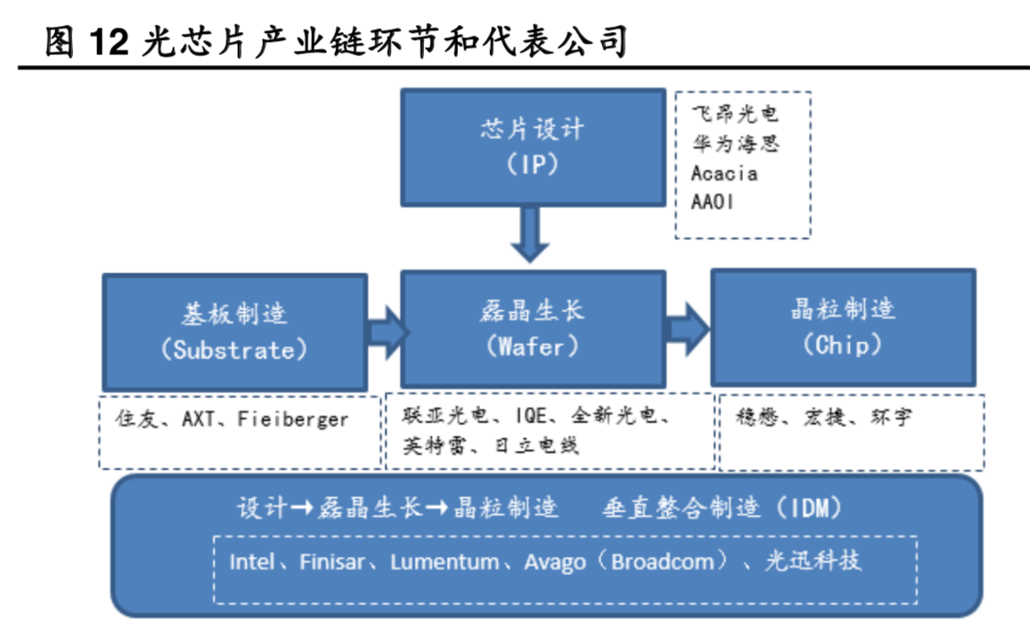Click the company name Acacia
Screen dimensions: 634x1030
[x=724, y=173]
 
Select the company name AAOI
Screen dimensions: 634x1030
[x=713, y=202]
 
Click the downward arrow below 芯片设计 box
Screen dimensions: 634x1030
[x=532, y=233]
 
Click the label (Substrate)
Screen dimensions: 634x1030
[x=234, y=350]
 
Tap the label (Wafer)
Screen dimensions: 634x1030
[x=532, y=346]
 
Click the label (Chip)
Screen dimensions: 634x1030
[x=842, y=345]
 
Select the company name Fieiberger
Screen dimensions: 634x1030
[x=293, y=419]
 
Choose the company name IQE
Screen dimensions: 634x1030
[x=533, y=415]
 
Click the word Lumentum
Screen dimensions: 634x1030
[x=445, y=562]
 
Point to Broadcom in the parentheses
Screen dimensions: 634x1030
[x=662, y=562]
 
